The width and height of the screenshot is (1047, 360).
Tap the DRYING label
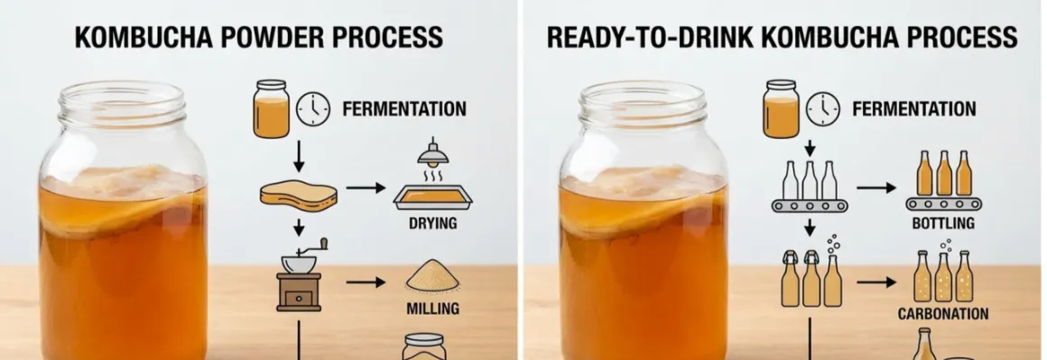(x=432, y=224)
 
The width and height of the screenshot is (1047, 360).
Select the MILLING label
(x=432, y=309)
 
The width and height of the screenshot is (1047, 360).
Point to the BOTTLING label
(x=943, y=224)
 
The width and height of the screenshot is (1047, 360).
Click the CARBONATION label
(x=943, y=314)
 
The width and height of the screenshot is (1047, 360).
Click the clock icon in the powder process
(x=313, y=109)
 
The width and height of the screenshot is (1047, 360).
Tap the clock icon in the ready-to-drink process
(x=822, y=109)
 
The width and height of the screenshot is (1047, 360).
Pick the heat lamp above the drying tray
(x=432, y=155)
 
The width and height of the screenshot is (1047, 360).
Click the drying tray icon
(x=432, y=197)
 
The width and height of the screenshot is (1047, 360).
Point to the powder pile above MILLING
(x=432, y=276)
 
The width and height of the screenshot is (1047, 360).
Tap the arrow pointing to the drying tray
(x=366, y=189)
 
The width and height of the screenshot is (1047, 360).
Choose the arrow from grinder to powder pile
(x=366, y=282)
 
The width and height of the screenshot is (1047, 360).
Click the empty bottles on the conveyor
(x=810, y=187)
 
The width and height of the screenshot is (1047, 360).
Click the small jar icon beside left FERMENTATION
(x=272, y=109)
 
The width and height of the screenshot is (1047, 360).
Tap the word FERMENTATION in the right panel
(x=913, y=109)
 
